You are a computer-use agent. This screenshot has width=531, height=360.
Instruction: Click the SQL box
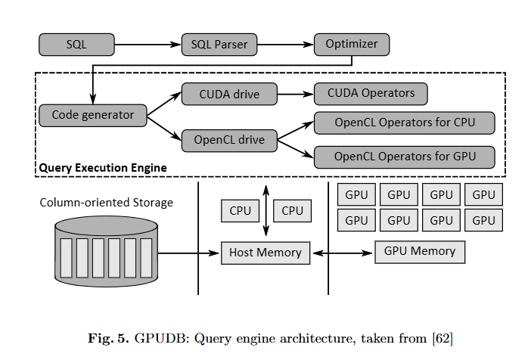(x=76, y=44)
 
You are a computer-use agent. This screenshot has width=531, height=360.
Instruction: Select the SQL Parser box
(x=220, y=44)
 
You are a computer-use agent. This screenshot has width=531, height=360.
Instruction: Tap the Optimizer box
(x=351, y=44)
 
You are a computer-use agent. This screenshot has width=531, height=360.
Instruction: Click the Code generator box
(x=92, y=115)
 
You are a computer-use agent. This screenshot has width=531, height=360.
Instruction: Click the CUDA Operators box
(x=371, y=94)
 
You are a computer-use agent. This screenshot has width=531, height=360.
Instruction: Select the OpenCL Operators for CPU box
(x=405, y=123)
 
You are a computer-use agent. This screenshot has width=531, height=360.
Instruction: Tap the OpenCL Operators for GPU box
(x=405, y=157)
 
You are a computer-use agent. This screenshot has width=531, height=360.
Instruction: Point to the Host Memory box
(x=265, y=253)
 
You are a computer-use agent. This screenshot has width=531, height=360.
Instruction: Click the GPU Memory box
(x=420, y=252)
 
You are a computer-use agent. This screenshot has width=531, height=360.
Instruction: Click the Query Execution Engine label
(x=102, y=166)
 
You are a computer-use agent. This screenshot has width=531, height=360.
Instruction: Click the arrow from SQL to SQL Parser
(x=147, y=44)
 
